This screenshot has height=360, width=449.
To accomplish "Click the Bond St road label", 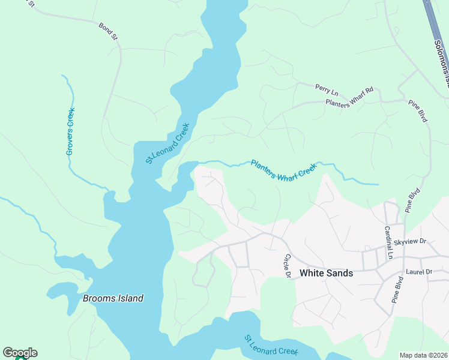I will coord(109,31).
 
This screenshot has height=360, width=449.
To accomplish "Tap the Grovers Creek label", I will coord(70,131).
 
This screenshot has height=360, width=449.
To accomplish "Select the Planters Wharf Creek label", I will coord(283,170).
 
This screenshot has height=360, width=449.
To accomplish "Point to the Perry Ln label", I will coord(327,89).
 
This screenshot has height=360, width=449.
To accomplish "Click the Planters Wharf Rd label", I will coord(349,97).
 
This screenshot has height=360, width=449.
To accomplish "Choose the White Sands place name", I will coord(326,272).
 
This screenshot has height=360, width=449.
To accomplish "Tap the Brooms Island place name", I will coord(113,298).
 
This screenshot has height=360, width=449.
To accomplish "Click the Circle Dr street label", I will coord(287,266).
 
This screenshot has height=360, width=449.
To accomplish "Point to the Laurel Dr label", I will coord(419,272).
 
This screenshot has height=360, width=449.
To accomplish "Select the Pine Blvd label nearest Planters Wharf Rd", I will coord(418,110).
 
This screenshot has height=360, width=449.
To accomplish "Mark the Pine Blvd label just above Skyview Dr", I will coord(411,201).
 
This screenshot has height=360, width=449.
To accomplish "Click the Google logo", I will coord(20,353).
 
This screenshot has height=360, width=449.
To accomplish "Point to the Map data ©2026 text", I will coord(423,355).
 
